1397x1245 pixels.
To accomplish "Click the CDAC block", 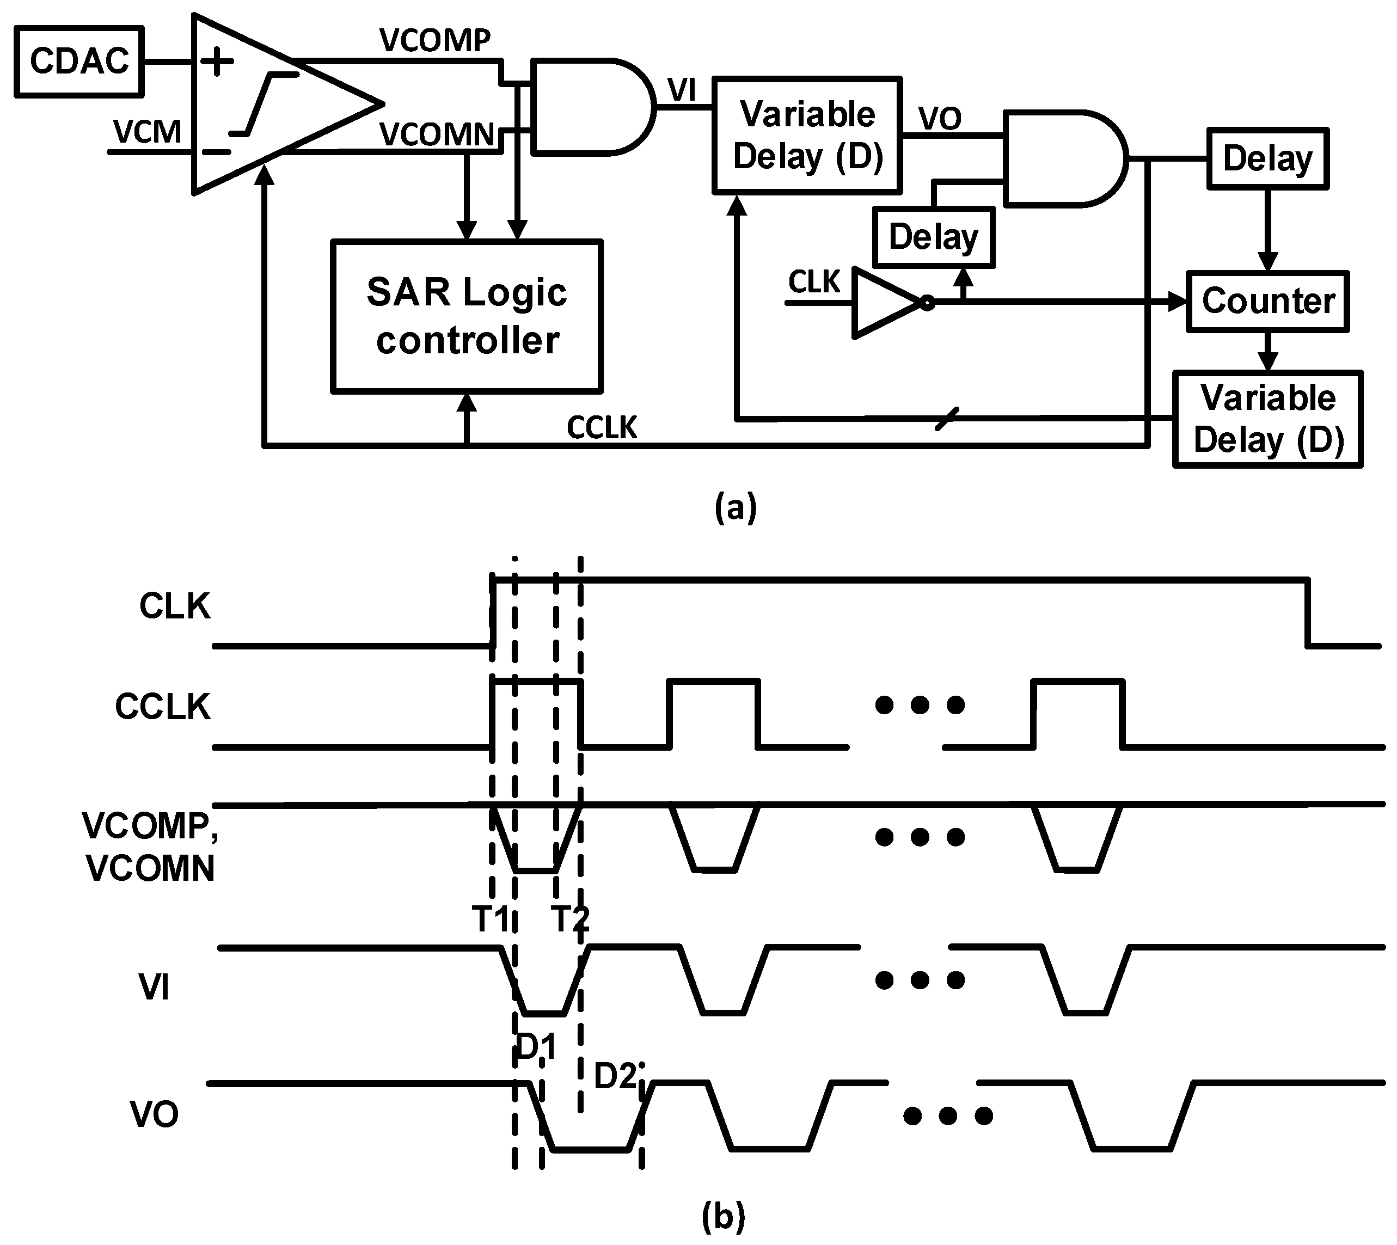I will [79, 62].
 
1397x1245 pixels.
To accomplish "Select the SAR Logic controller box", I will [466, 316].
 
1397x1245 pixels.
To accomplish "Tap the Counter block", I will [1267, 301].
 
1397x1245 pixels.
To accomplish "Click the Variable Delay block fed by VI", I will [807, 136].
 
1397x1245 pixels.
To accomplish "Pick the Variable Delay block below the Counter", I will [1267, 419].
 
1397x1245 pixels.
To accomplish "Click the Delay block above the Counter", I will [1267, 159].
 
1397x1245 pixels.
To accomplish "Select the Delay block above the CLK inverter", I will [933, 237].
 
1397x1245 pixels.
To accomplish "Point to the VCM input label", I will [147, 132].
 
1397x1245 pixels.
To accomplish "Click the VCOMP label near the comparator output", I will [435, 41].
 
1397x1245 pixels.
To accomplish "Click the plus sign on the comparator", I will [217, 62].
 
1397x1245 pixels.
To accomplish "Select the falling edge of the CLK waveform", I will [1307, 612].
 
